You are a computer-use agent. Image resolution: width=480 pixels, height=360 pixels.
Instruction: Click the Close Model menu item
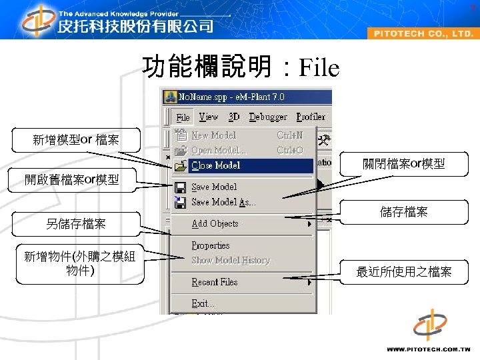(x=216, y=165)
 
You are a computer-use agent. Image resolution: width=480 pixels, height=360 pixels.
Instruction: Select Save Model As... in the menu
(x=223, y=202)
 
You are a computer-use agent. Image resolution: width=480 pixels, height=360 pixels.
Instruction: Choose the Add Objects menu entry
(x=215, y=224)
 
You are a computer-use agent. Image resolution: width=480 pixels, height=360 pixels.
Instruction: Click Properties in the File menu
(x=211, y=245)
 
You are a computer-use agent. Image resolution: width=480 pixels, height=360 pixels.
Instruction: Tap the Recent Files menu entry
(x=215, y=282)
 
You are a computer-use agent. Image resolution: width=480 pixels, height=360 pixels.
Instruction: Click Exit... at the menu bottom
(x=203, y=303)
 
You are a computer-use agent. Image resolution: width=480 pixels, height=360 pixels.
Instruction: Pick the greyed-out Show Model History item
(x=231, y=260)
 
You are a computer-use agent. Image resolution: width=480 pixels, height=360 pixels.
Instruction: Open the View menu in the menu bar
(x=209, y=117)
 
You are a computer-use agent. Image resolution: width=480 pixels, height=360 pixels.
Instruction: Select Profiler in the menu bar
(x=311, y=117)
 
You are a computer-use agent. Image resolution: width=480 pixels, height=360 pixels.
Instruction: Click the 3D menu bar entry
(x=234, y=117)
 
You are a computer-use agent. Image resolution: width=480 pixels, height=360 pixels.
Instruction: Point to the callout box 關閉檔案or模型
(x=404, y=164)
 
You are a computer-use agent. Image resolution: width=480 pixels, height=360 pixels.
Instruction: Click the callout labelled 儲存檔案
(x=404, y=212)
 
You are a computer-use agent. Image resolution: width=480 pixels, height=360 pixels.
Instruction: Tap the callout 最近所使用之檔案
(x=404, y=271)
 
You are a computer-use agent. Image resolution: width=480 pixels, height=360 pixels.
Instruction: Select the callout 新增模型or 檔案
(x=76, y=140)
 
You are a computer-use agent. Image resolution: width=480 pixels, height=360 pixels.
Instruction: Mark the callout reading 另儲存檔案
(x=76, y=224)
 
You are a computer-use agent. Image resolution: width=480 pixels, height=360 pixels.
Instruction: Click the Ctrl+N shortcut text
(x=289, y=135)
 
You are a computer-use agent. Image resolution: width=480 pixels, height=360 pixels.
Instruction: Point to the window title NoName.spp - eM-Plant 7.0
(x=231, y=97)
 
